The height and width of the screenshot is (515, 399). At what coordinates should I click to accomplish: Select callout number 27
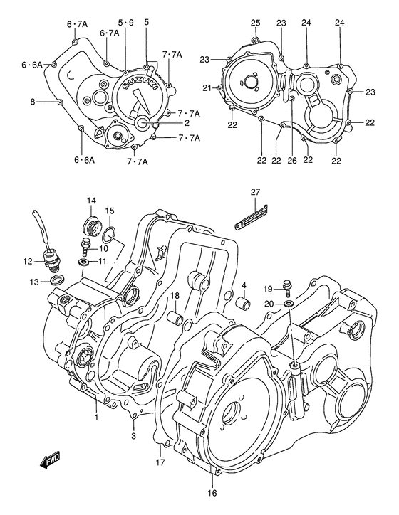256,191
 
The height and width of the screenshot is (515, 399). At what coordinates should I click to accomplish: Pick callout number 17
160,462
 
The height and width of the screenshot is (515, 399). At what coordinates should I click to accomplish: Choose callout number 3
133,435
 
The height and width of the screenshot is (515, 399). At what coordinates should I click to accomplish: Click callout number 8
33,102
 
